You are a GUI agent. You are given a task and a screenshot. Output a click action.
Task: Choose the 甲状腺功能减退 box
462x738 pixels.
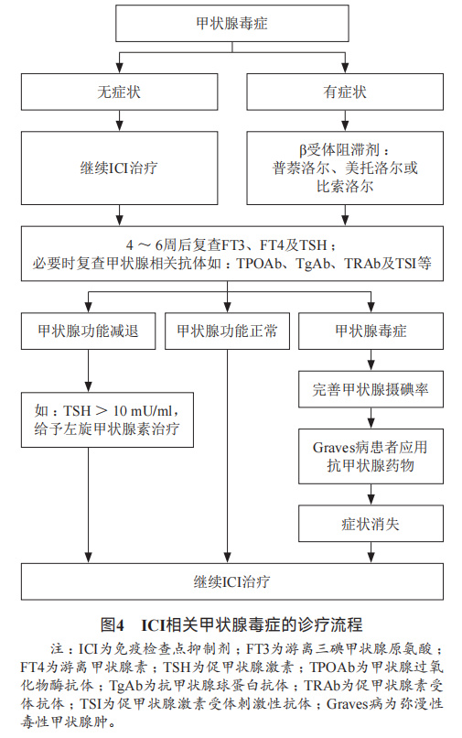click(89, 331)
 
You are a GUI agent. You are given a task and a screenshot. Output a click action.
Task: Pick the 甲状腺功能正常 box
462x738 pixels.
click(224, 331)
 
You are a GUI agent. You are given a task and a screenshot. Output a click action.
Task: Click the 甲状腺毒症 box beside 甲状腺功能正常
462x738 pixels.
click(371, 331)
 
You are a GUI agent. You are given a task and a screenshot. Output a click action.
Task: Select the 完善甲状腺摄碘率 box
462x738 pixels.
click(371, 391)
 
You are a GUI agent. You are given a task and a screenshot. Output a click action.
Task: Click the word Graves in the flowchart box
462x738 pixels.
click(335, 448)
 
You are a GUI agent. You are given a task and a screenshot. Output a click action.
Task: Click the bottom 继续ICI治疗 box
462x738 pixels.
click(231, 581)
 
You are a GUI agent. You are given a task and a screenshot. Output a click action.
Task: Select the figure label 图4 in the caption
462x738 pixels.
click(113, 624)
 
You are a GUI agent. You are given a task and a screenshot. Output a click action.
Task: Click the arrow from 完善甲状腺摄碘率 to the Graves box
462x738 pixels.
click(371, 418)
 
